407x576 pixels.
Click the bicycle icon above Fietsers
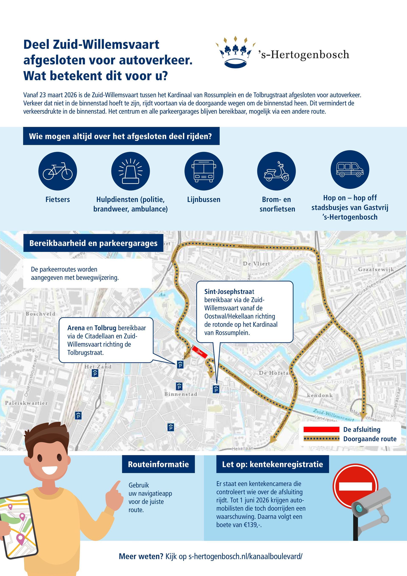(x=58, y=171)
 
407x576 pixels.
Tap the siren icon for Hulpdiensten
(x=130, y=171)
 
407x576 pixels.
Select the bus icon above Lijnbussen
(x=203, y=171)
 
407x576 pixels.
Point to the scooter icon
(x=276, y=171)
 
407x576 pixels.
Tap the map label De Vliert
(x=256, y=264)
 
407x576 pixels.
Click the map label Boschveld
(x=40, y=314)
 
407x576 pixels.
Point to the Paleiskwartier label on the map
(x=26, y=403)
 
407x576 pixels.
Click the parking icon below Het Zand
(x=95, y=373)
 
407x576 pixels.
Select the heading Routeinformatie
(x=158, y=464)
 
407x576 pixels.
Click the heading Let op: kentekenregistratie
(x=272, y=464)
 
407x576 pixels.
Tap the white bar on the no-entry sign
(x=355, y=486)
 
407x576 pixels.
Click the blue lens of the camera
(x=360, y=509)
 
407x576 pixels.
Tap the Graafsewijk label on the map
(x=376, y=269)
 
